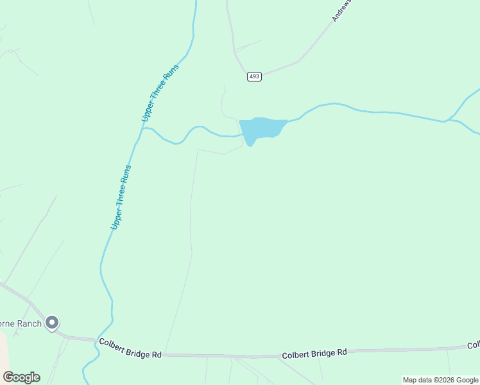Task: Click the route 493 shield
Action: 254,76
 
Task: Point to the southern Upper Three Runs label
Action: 121,197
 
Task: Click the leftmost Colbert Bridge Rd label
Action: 130,354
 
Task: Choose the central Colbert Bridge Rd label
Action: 314,352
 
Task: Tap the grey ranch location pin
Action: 53,323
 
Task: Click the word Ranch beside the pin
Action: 30,323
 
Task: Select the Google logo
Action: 21,377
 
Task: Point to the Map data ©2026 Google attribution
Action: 441,380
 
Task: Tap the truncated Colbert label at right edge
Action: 473,345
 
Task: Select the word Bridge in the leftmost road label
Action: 130,354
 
